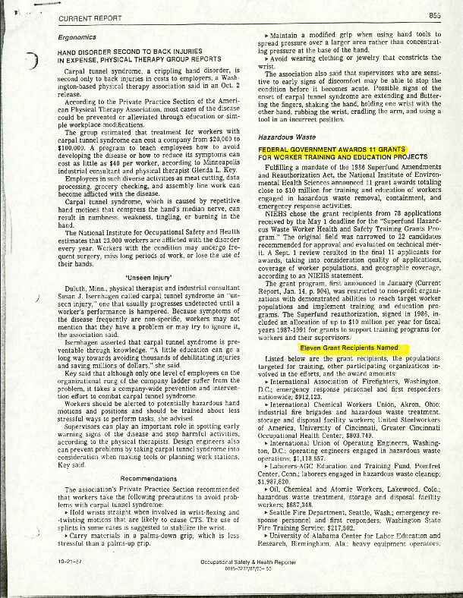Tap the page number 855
[434, 15]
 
